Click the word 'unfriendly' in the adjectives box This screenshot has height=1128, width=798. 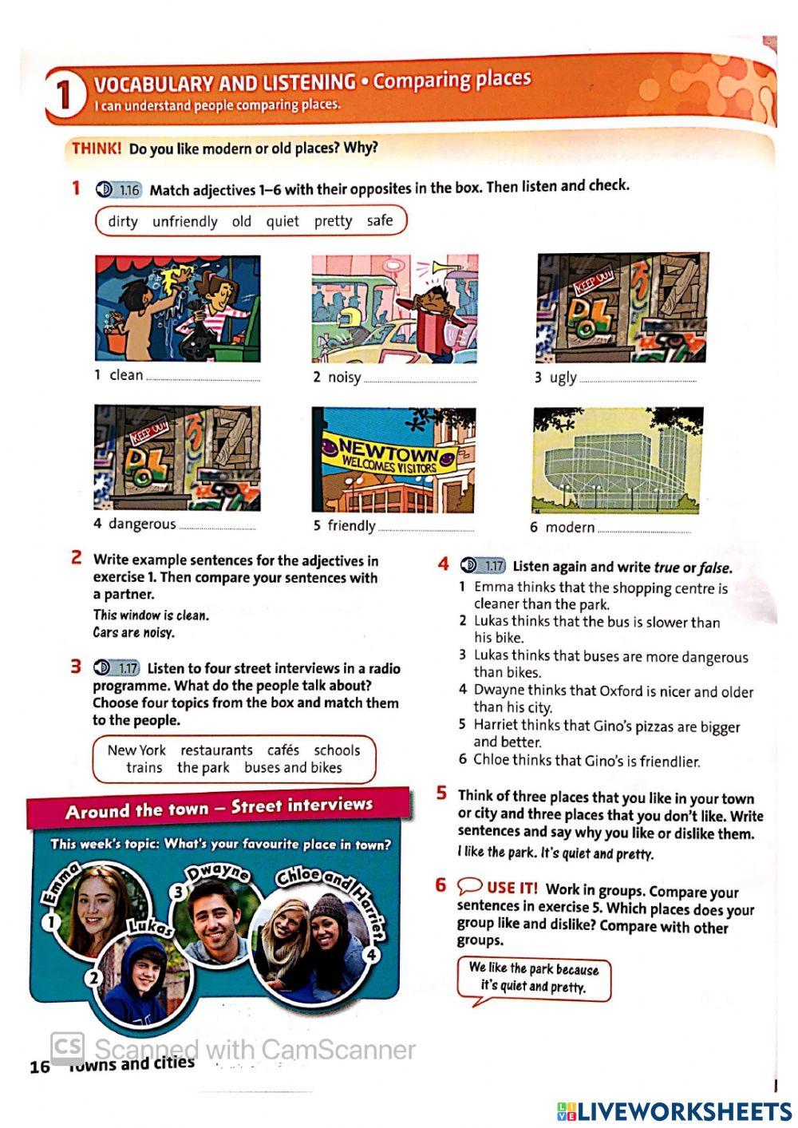(x=184, y=221)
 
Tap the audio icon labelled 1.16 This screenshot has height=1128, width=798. (x=117, y=190)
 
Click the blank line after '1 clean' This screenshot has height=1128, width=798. (x=203, y=379)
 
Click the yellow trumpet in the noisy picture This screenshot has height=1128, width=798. (x=443, y=269)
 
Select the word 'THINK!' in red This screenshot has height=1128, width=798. (x=97, y=148)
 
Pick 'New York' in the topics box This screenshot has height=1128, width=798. (x=136, y=750)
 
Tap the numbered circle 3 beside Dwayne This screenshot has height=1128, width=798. (x=180, y=892)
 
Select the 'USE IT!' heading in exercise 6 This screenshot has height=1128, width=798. (x=512, y=888)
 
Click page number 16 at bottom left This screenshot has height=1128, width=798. (x=39, y=1067)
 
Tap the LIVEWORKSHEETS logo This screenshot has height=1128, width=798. (x=674, y=1111)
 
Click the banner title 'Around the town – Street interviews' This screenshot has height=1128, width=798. (x=219, y=809)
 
